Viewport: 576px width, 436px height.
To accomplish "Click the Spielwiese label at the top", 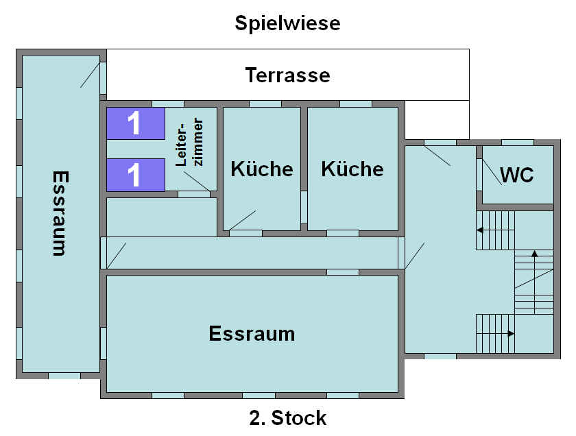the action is (x=287, y=24).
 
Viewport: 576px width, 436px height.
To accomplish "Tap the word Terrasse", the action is (x=287, y=75).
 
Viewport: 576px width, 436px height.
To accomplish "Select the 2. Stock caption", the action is (x=287, y=418).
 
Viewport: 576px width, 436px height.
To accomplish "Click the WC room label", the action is (x=517, y=175).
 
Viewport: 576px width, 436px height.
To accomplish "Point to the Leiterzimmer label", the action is (x=189, y=142).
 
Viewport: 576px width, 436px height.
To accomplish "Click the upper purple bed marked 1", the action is (x=136, y=123).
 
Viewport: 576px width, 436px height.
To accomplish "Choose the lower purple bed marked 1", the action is (x=136, y=175).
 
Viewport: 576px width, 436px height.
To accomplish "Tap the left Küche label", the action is (x=262, y=169).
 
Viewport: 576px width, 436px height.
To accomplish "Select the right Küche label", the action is (x=352, y=169).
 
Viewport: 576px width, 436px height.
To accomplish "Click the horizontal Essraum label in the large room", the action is (x=252, y=334).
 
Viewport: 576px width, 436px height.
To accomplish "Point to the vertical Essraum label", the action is (x=60, y=213).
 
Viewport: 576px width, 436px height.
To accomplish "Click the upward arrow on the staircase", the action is (x=534, y=282).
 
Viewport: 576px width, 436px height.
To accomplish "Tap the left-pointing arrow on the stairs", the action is (x=495, y=230).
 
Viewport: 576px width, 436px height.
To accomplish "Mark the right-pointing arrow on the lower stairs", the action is (x=495, y=334).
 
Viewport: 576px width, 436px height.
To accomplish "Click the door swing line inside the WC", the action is (x=492, y=171).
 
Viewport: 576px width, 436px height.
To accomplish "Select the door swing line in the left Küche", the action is (x=243, y=220).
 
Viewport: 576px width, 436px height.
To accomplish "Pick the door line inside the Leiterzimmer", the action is (x=197, y=181).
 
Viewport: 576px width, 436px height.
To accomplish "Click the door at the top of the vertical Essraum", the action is (x=90, y=75).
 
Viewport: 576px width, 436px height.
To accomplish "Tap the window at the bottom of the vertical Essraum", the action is (x=64, y=376).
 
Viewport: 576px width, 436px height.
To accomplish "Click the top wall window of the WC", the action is (x=518, y=143).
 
